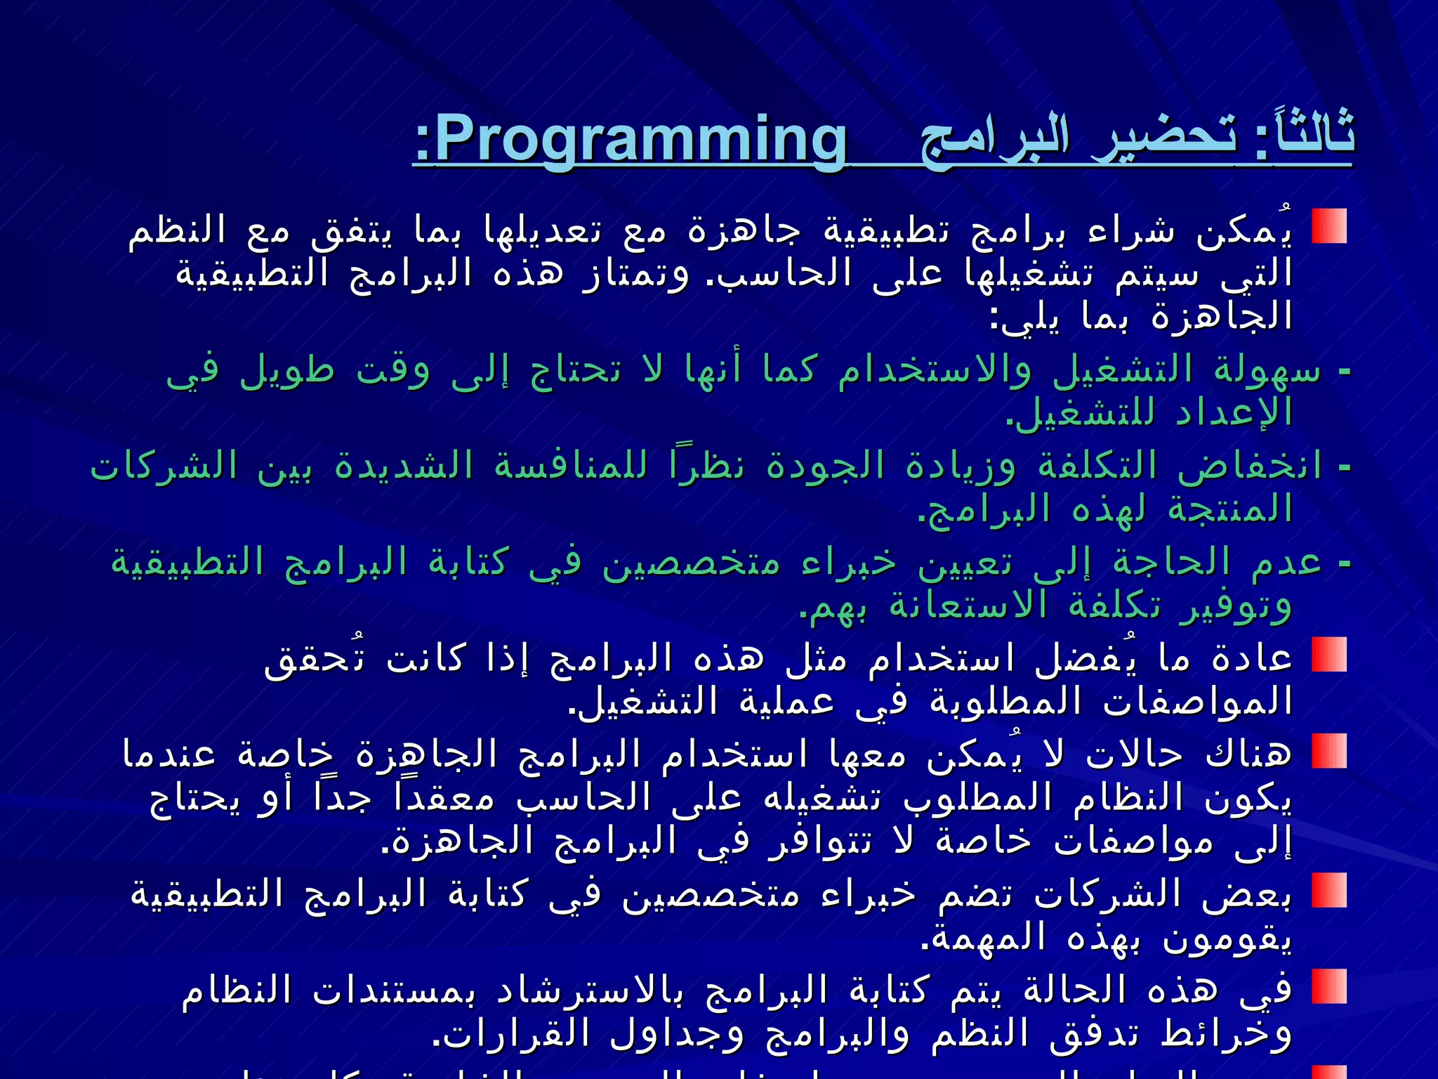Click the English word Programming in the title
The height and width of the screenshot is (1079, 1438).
point(640,139)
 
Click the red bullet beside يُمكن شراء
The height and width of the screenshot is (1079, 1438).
point(1328,226)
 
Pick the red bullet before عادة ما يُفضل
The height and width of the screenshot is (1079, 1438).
point(1328,655)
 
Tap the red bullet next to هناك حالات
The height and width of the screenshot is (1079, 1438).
point(1328,751)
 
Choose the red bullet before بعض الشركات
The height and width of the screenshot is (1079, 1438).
point(1328,890)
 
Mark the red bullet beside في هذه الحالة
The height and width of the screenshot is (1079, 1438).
point(1328,986)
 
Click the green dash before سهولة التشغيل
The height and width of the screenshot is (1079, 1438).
point(1345,371)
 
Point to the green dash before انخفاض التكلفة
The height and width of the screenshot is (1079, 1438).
point(1345,467)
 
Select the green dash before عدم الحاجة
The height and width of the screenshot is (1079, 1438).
point(1345,563)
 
